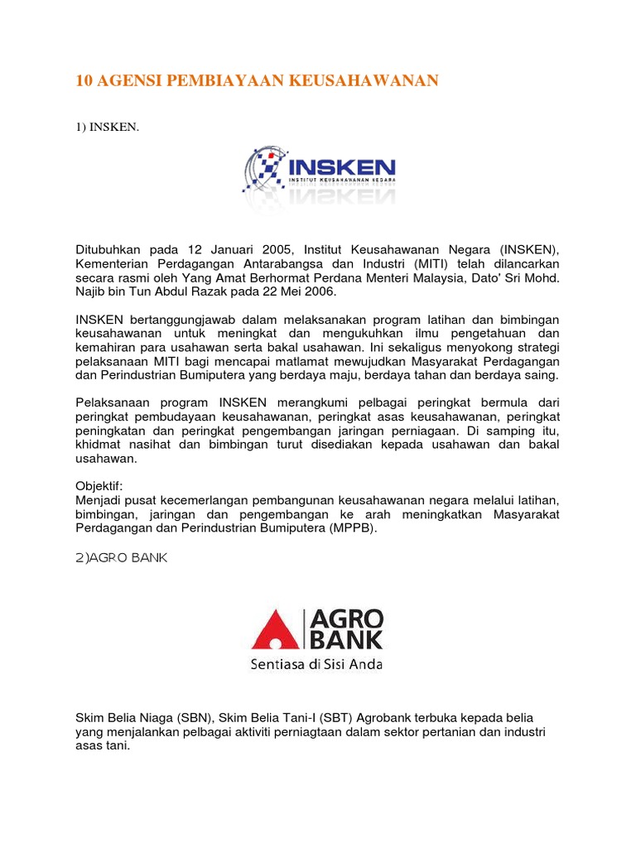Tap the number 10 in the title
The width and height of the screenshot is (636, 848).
(x=83, y=80)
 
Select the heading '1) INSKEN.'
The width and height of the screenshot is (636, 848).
(x=104, y=128)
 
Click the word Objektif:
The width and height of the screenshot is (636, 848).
(x=99, y=485)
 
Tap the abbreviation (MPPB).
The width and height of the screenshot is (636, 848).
(x=351, y=529)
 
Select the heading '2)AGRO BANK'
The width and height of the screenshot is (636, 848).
(x=121, y=559)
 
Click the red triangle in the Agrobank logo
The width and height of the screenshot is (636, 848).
(x=277, y=629)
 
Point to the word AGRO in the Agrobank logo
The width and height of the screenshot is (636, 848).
(x=347, y=619)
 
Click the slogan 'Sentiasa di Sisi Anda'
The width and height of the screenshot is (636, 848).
(x=317, y=664)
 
